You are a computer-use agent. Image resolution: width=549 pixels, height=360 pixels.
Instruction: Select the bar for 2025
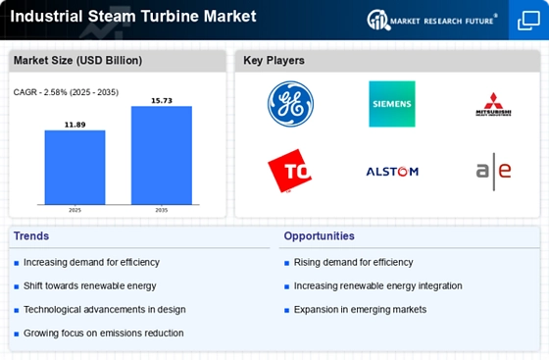[75, 167]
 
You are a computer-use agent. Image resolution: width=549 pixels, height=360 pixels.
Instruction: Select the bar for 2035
[162, 155]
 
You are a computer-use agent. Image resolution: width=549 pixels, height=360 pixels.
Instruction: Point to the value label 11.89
[75, 125]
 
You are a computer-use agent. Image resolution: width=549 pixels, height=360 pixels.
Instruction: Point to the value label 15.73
[162, 101]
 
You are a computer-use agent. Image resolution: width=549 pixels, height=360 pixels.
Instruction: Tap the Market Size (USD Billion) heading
[77, 61]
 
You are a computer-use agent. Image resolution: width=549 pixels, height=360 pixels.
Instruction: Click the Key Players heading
[274, 61]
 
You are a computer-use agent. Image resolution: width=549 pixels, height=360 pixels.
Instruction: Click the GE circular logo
[290, 104]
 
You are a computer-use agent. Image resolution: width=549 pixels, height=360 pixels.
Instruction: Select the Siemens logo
[392, 104]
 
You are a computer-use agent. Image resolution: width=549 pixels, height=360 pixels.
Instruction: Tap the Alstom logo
[392, 171]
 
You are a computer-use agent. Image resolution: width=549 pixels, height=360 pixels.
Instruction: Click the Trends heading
[32, 236]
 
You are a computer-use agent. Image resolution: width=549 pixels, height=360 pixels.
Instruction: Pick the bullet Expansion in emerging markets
[360, 309]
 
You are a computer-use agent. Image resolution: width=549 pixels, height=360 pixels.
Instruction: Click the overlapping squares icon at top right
[527, 20]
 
